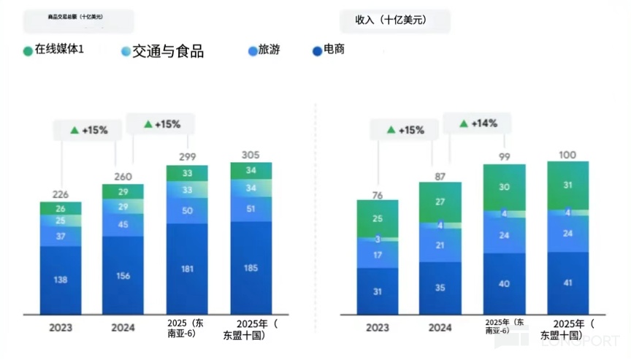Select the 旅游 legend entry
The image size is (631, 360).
(x=264, y=50)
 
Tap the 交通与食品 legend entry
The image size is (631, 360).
(x=162, y=51)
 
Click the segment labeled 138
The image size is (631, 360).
(x=61, y=280)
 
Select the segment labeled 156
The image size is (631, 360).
(x=123, y=275)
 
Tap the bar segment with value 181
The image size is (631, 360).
(x=187, y=269)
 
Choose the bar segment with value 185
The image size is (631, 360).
(x=251, y=268)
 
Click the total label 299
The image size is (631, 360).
(x=187, y=157)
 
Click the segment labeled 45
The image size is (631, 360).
(x=123, y=224)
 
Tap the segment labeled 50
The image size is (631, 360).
(x=187, y=211)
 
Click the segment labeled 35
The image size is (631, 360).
(x=440, y=288)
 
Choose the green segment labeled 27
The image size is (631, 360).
(x=440, y=202)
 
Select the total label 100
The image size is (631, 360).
(x=567, y=155)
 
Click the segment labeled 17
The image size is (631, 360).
(x=377, y=255)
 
